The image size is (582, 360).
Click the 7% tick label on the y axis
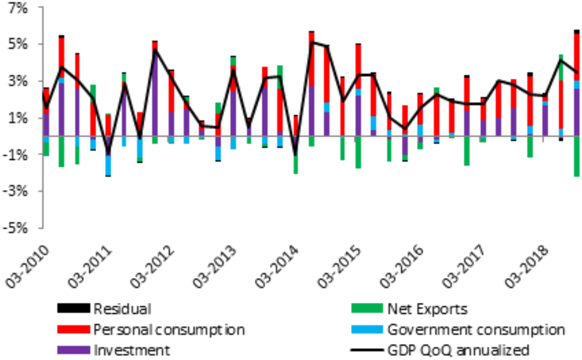pos(19,8)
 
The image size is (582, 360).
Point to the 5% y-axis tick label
pos(19,44)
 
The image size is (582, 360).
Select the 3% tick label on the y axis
pos(19,81)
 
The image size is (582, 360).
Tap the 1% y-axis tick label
pos(19,118)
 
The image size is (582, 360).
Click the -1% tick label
pos(17,155)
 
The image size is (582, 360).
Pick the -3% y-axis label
pos(17,191)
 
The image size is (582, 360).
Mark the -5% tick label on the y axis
pos(17,228)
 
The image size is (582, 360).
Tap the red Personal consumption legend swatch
pos(73,330)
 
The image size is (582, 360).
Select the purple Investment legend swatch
pos(73,350)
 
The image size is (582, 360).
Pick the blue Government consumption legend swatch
pos(367,330)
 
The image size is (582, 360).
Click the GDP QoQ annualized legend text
pos(458,350)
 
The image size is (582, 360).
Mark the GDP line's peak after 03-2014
pos(312,42)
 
